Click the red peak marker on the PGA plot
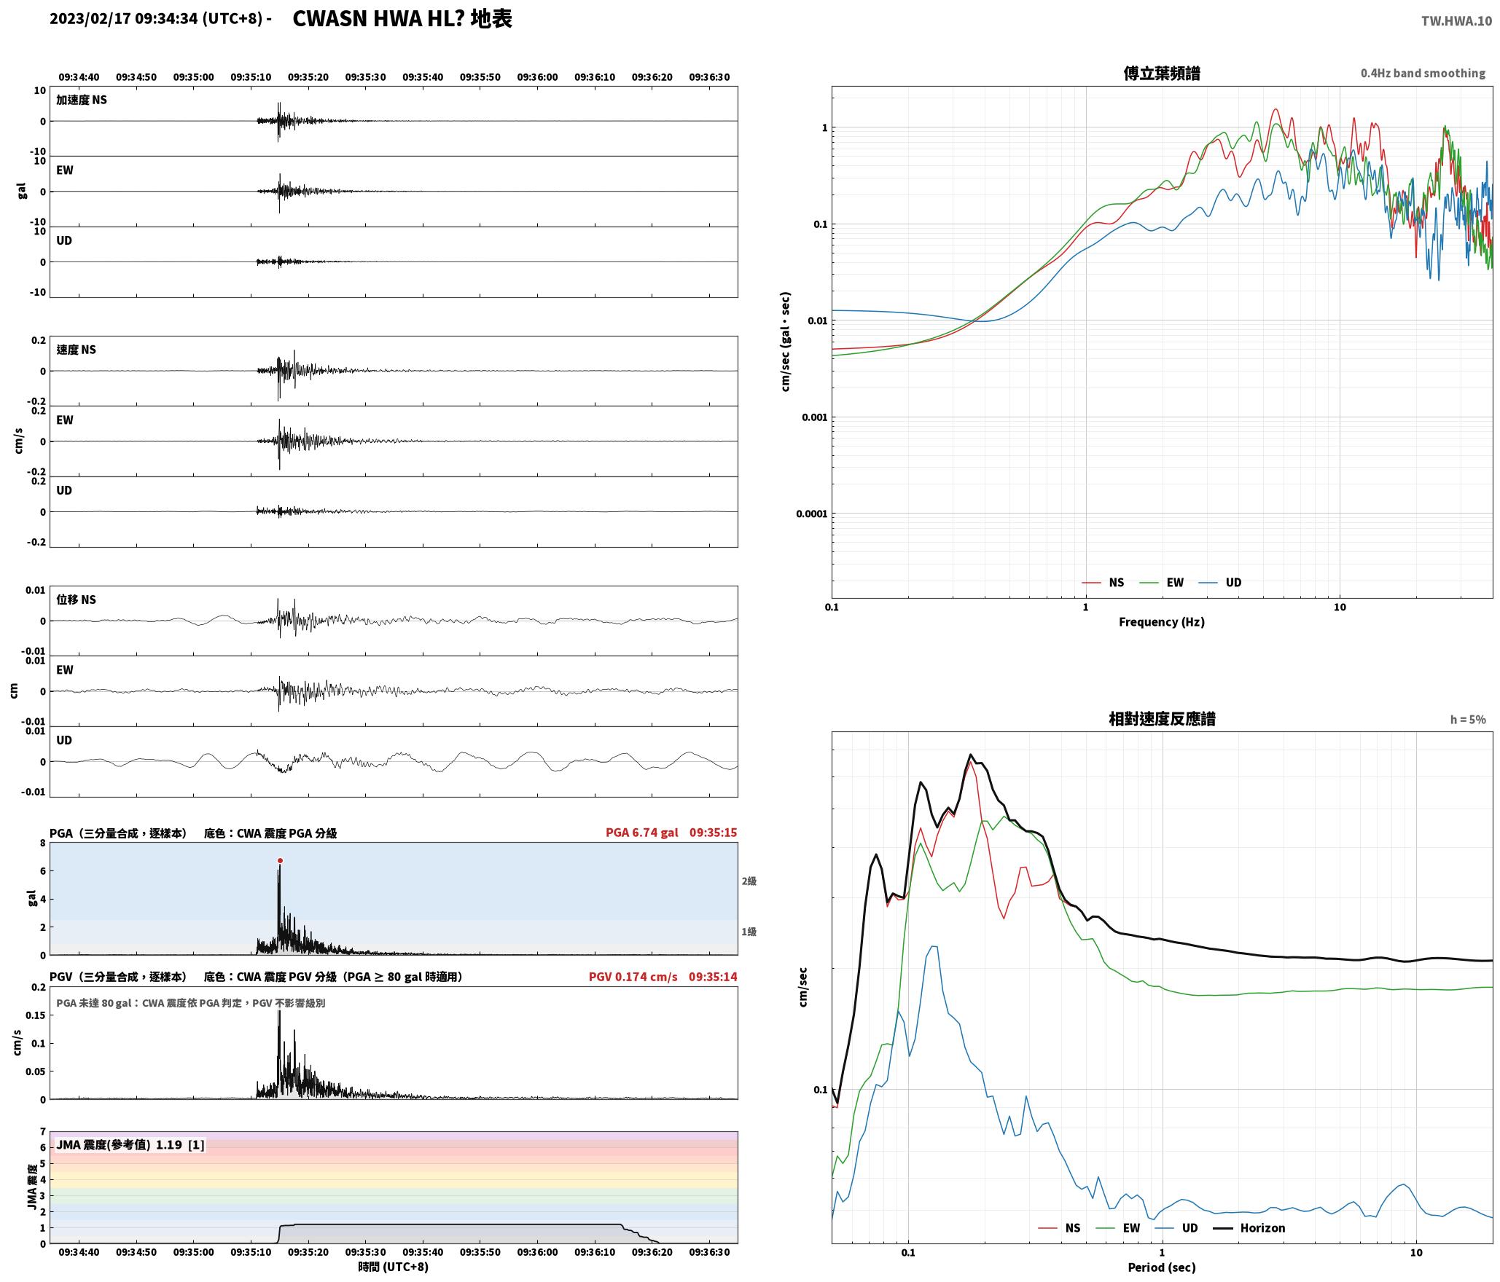click(280, 860)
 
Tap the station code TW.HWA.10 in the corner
click(1456, 21)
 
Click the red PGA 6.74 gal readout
click(641, 832)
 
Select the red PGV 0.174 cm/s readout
click(633, 976)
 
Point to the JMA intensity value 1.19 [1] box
click(130, 1144)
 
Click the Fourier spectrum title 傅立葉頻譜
click(1162, 73)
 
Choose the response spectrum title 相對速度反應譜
click(1162, 719)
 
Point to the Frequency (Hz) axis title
click(1162, 621)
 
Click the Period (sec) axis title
click(1162, 1267)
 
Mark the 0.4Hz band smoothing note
click(1423, 73)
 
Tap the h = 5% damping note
click(1468, 720)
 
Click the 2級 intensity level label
click(749, 881)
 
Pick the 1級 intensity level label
click(749, 932)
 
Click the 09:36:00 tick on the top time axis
click(537, 76)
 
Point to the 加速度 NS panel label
click(82, 100)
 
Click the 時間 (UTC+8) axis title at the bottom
click(394, 1267)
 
